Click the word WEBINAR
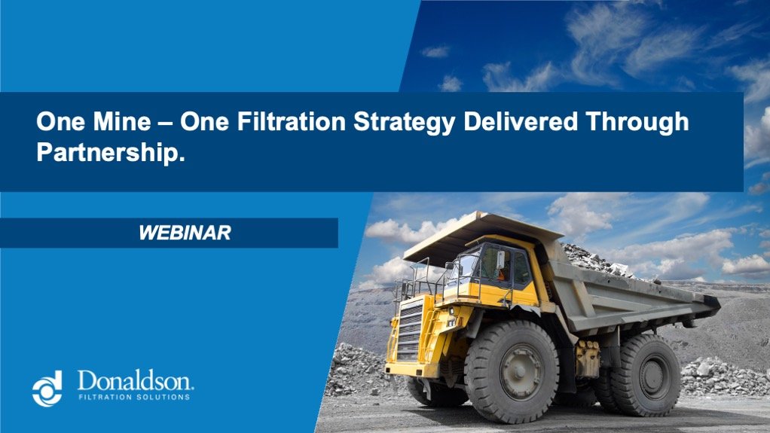pos(185,233)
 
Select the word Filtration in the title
pos(283,122)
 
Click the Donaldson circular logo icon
pos(47,387)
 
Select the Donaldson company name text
pos(136,380)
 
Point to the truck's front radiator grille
pos(410,331)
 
